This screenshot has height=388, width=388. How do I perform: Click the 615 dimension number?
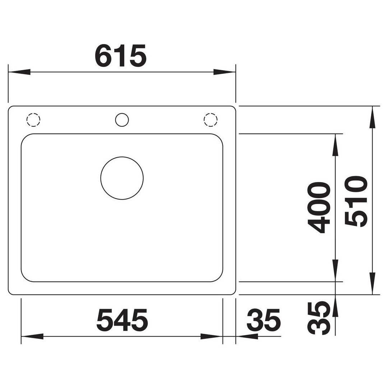[x=121, y=56]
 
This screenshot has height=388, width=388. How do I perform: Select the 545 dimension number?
[x=122, y=320]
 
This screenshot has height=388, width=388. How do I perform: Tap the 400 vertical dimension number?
[x=319, y=208]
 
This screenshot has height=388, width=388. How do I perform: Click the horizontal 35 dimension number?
[x=263, y=320]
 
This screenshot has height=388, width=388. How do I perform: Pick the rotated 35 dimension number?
[x=319, y=318]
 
